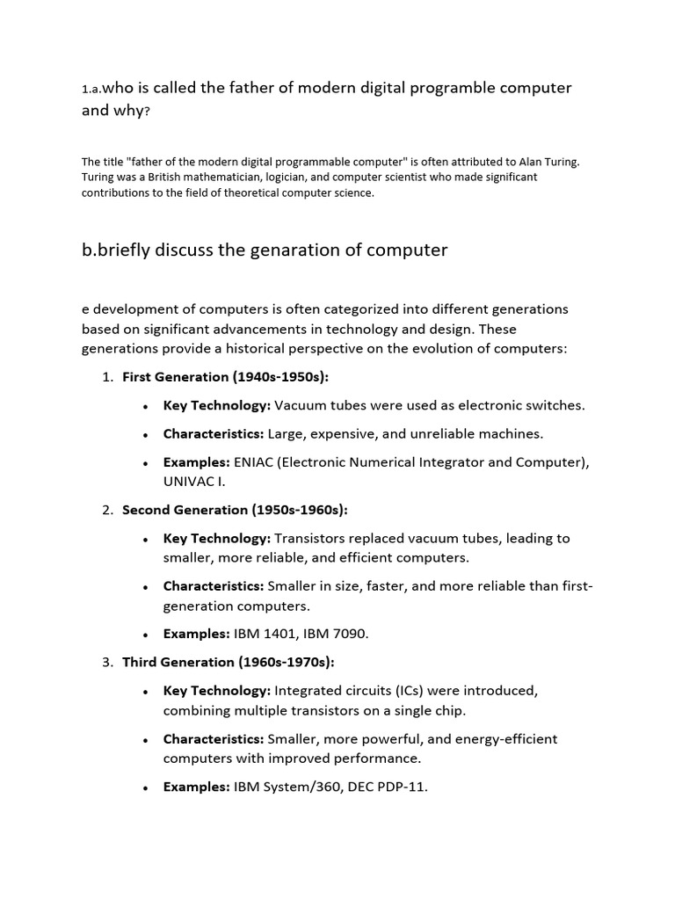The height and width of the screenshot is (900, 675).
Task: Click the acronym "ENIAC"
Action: pyautogui.click(x=255, y=462)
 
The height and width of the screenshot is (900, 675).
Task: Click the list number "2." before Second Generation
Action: pyautogui.click(x=108, y=510)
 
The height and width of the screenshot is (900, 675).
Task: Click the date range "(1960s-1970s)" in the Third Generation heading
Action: pyautogui.click(x=285, y=662)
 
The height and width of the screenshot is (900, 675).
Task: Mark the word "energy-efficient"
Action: pyautogui.click(x=503, y=739)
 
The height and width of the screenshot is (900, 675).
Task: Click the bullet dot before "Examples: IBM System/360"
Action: pyautogui.click(x=143, y=787)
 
